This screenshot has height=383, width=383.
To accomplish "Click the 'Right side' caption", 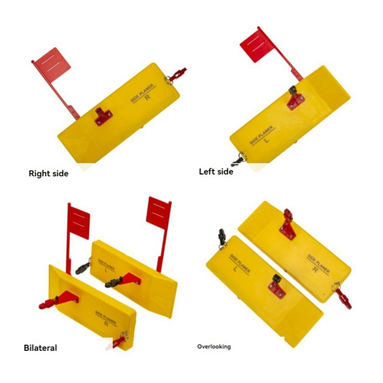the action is (48, 174).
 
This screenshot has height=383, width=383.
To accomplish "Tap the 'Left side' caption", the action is (216, 172).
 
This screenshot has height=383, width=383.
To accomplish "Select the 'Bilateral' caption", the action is (41, 348).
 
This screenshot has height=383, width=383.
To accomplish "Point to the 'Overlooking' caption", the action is (214, 347).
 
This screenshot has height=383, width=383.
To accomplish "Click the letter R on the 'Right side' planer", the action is (148, 97).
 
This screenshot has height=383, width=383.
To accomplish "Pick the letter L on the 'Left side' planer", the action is (267, 140).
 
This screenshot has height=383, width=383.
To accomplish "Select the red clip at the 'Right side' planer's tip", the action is (178, 74).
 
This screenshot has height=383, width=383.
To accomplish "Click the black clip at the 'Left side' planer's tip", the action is (237, 161).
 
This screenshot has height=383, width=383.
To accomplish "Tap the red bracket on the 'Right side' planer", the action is (103, 116).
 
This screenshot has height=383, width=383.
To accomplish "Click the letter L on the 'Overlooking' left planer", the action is (235, 269).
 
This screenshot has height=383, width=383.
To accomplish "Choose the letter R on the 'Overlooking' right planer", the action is (315, 270).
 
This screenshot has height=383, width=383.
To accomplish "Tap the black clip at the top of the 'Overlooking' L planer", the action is (222, 237).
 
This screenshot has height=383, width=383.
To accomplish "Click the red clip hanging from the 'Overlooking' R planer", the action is (343, 298).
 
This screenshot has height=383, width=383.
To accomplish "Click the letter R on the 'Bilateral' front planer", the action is (106, 324).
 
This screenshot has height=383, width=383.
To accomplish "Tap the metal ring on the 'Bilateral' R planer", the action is (124, 336).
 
